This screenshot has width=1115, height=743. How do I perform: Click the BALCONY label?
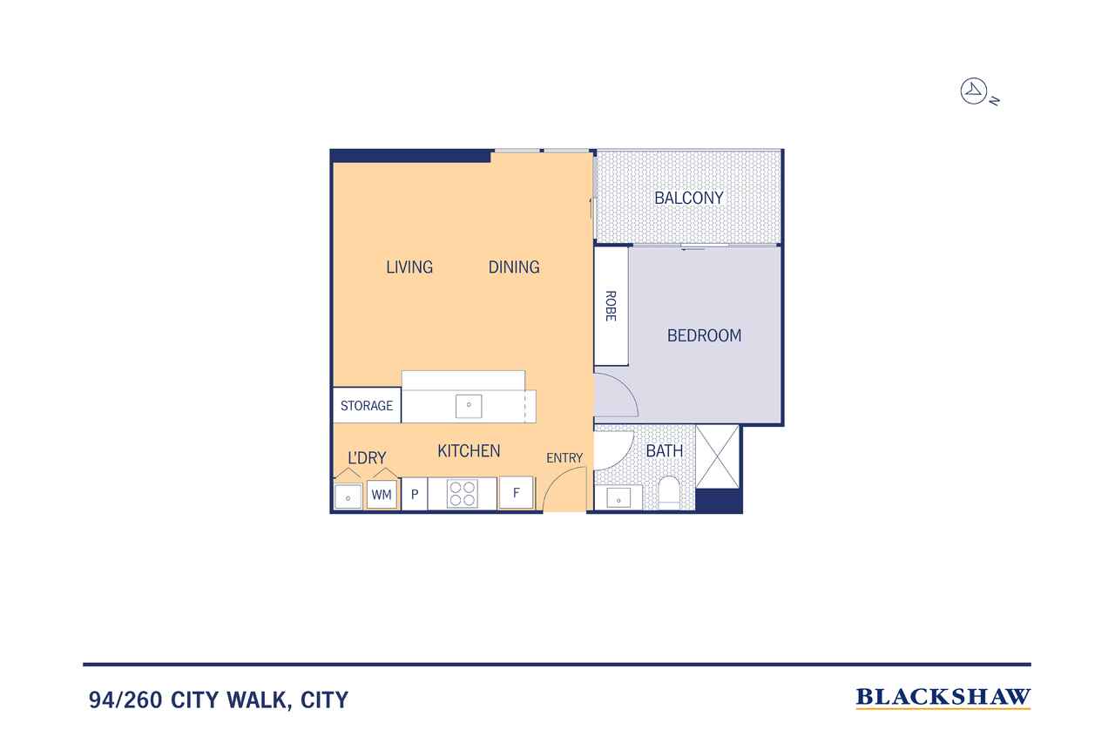pyautogui.click(x=688, y=198)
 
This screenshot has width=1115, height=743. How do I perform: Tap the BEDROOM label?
pyautogui.click(x=704, y=335)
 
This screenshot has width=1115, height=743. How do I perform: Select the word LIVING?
pyautogui.click(x=409, y=267)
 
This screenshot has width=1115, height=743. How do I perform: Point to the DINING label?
pyautogui.click(x=514, y=267)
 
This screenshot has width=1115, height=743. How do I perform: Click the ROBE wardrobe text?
pyautogui.click(x=611, y=306)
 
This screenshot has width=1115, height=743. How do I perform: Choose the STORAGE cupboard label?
pyautogui.click(x=367, y=406)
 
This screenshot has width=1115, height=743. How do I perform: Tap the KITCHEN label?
pyautogui.click(x=469, y=451)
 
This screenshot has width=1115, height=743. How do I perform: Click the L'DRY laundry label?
pyautogui.click(x=367, y=457)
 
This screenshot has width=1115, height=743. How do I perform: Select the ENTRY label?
pyautogui.click(x=564, y=458)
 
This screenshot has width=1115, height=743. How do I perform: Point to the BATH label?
pyautogui.click(x=664, y=451)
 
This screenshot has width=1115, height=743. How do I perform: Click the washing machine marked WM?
pyautogui.click(x=382, y=494)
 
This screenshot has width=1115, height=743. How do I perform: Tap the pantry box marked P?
pyautogui.click(x=414, y=494)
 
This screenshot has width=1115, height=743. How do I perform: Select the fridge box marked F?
pyautogui.click(x=517, y=493)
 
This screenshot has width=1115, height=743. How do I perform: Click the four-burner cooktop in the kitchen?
pyautogui.click(x=462, y=494)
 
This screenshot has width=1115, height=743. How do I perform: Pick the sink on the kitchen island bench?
pyautogui.click(x=469, y=406)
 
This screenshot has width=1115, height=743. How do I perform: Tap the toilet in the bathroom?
pyautogui.click(x=668, y=493)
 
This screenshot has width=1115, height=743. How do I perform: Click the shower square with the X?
pyautogui.click(x=717, y=456)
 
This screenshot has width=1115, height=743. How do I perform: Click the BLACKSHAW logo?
pyautogui.click(x=943, y=698)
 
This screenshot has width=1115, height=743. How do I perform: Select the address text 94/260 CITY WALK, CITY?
pyautogui.click(x=219, y=700)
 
